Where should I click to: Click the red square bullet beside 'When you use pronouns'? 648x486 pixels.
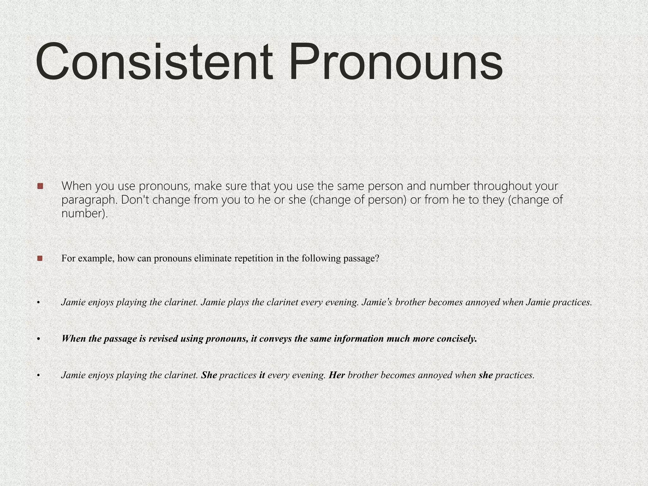pyautogui.click(x=40, y=186)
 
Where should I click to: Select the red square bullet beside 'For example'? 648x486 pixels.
pyautogui.click(x=40, y=259)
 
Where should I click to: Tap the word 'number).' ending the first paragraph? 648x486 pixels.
pyautogui.click(x=84, y=214)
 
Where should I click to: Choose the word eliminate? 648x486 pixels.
pyautogui.click(x=214, y=259)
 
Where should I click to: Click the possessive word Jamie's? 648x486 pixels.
pyautogui.click(x=377, y=302)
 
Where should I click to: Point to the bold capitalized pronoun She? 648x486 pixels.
pyautogui.click(x=209, y=375)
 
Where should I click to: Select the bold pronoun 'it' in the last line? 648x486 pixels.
pyautogui.click(x=262, y=375)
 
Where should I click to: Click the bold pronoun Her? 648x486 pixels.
pyautogui.click(x=337, y=375)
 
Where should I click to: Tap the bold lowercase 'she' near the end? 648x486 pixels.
pyautogui.click(x=486, y=375)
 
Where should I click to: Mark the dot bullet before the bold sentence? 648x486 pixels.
pyautogui.click(x=38, y=339)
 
